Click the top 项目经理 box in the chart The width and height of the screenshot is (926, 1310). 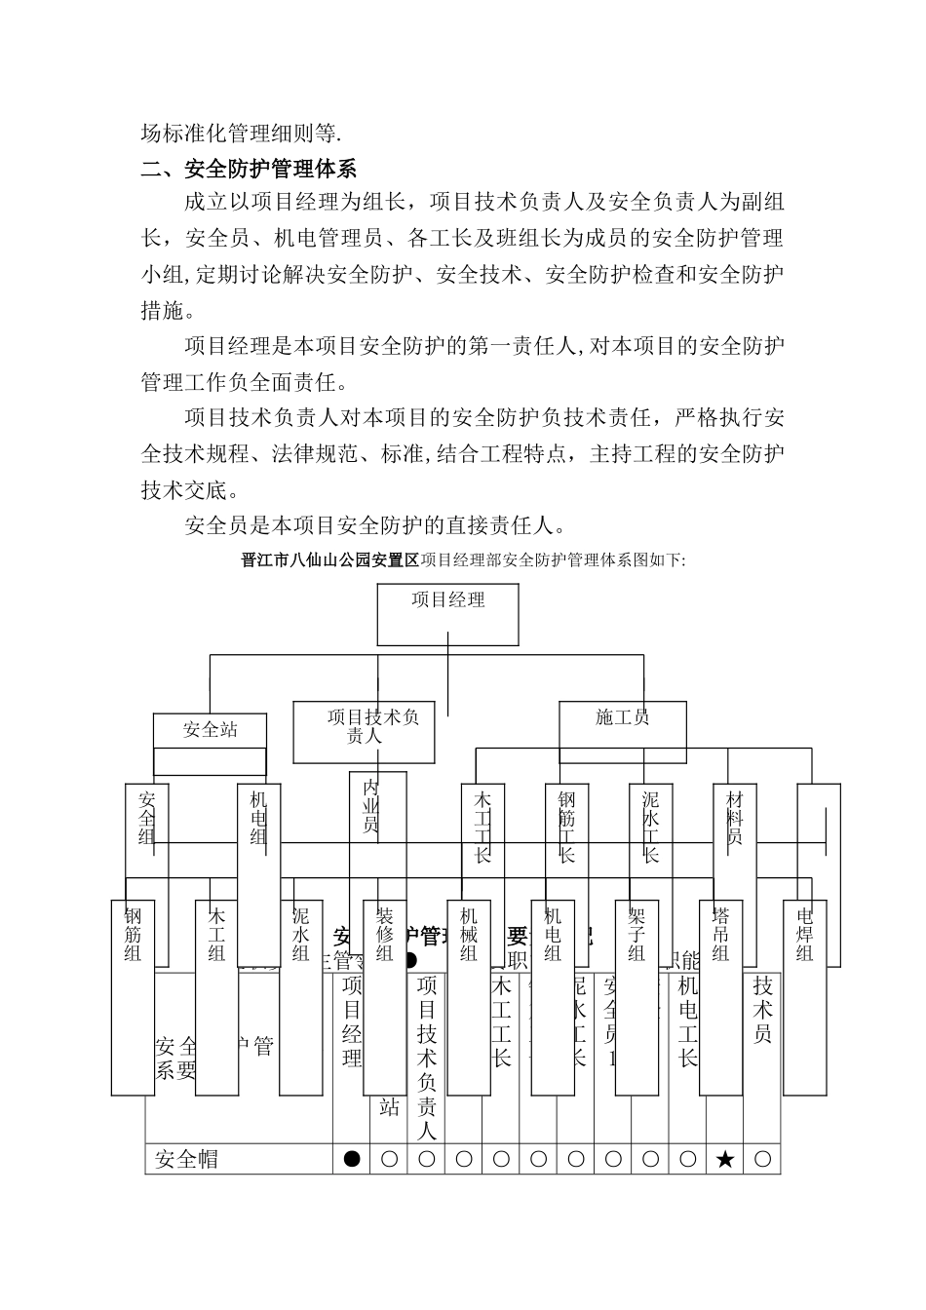(448, 614)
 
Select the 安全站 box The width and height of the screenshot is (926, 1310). (210, 729)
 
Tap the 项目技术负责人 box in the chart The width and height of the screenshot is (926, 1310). (364, 732)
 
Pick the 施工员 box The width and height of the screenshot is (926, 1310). (622, 726)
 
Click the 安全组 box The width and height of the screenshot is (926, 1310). (146, 828)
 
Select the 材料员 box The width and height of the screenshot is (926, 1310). (734, 828)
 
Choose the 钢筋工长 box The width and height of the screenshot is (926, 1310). (566, 828)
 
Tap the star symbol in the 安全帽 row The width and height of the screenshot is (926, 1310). (724, 1159)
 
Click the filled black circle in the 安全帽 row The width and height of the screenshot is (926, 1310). (352, 1159)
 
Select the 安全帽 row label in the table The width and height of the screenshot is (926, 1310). (187, 1159)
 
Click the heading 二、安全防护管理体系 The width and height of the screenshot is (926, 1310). (249, 170)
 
